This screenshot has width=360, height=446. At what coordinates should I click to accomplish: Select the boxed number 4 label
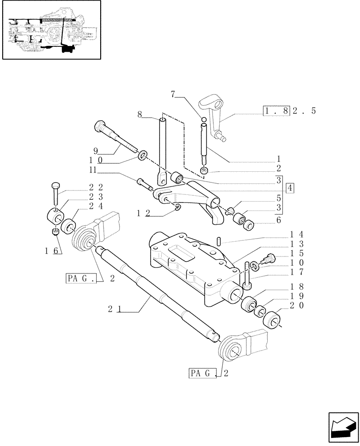[x=290, y=187]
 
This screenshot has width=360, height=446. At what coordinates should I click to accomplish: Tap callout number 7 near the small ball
[x=173, y=94]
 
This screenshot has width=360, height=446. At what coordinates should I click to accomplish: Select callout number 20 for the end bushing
[x=290, y=306]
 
